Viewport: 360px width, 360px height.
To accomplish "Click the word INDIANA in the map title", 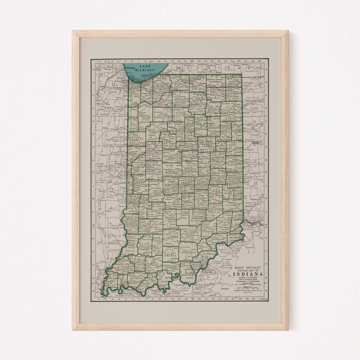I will (x=247, y=274).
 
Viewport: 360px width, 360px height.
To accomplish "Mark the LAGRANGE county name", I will (x=216, y=81).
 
